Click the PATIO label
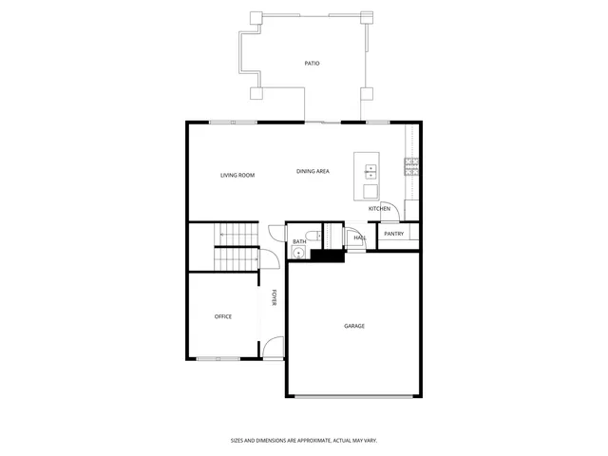tap(312, 64)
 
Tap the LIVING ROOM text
tap(237, 175)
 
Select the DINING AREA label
tap(313, 171)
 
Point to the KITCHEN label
tap(379, 208)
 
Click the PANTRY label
tap(394, 234)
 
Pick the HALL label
tap(360, 237)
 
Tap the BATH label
tap(299, 241)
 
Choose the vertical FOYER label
tap(275, 297)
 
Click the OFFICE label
tap(223, 316)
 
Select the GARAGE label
tap(354, 326)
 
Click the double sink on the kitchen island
tap(370, 172)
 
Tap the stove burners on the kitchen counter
tap(411, 166)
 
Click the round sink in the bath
tap(296, 253)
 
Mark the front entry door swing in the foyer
tap(273, 349)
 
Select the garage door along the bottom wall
tap(353, 396)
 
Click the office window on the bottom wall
tap(218, 358)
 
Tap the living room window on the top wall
tap(233, 122)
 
